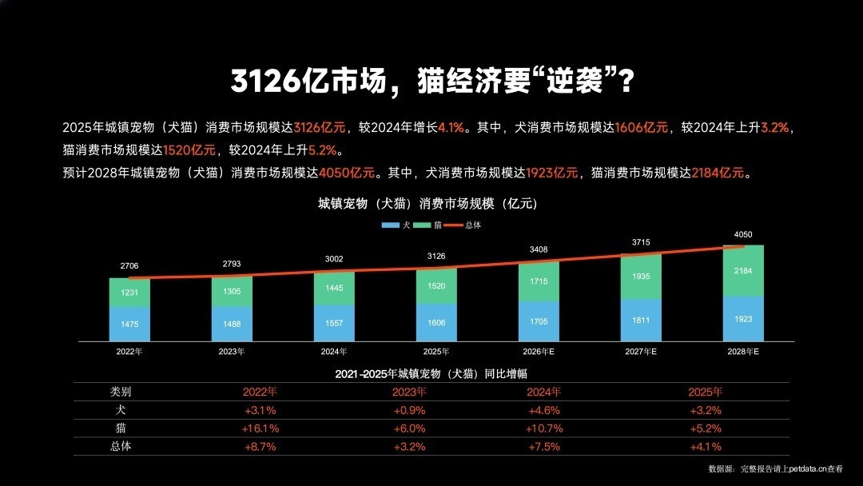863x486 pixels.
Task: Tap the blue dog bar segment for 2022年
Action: [129, 324]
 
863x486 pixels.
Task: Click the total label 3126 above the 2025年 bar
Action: [436, 256]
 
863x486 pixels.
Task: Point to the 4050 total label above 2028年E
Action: [743, 234]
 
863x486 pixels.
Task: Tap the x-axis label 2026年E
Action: [538, 351]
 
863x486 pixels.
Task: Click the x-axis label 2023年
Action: [232, 351]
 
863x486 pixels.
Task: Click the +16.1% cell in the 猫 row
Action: [260, 428]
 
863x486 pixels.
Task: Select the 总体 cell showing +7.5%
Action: [545, 447]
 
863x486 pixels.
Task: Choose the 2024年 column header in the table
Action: [545, 392]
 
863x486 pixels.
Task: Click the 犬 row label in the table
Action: [121, 410]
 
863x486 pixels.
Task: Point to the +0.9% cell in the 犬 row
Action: [409, 410]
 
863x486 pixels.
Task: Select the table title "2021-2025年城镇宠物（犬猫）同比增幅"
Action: [431, 373]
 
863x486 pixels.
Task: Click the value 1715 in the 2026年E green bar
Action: [539, 283]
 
